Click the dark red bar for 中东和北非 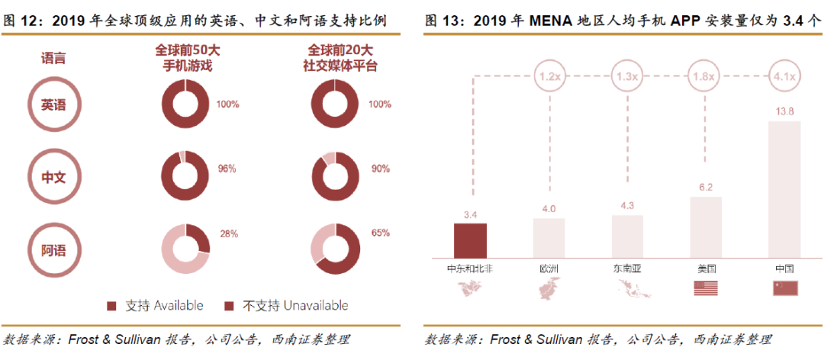(470, 240)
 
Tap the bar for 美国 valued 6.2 (705, 227)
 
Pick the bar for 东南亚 (627, 236)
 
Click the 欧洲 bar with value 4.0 (549, 238)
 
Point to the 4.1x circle (784, 77)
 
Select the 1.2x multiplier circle (549, 77)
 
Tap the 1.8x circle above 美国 (705, 77)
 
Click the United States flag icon (705, 288)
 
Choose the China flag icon (784, 288)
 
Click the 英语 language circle (53, 105)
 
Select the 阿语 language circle (53, 249)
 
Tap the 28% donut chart (185, 250)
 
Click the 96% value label (227, 169)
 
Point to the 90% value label (379, 169)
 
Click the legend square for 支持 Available (111, 306)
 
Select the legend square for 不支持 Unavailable (227, 306)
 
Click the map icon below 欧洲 (549, 288)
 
